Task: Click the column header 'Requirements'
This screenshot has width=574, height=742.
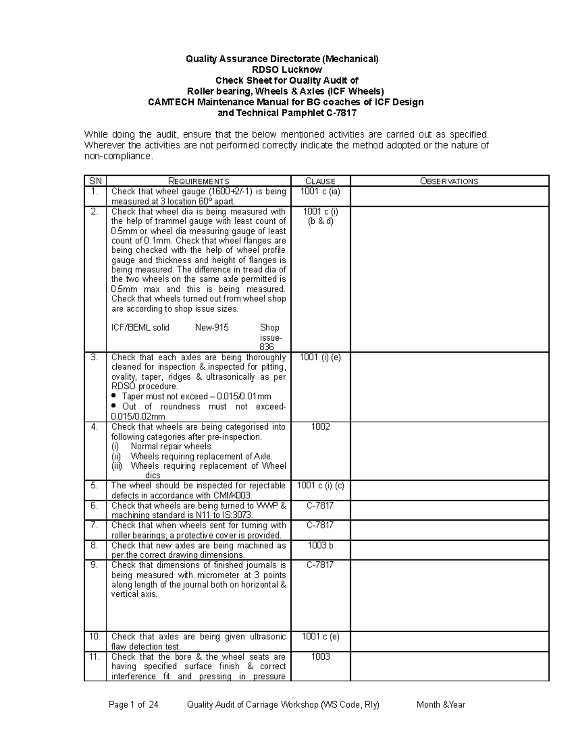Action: point(199,181)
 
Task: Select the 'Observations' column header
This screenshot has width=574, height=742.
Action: point(449,181)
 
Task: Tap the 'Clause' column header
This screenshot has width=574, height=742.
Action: point(320,181)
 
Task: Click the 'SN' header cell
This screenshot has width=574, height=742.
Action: point(95,181)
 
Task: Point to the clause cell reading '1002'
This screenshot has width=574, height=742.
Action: point(320,427)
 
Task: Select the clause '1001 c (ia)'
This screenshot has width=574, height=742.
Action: point(320,192)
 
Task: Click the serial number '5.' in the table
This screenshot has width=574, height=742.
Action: point(94,485)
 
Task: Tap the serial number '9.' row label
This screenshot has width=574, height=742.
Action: point(94,565)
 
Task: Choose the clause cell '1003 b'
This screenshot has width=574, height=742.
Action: point(320,546)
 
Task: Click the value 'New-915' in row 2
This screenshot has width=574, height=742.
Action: point(211,328)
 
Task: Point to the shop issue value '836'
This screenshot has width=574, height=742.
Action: point(266,347)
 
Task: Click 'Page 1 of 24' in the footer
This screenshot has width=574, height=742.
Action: point(133,705)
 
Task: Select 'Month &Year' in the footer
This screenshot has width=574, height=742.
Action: point(441,705)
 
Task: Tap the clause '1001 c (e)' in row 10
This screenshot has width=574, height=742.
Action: point(320,637)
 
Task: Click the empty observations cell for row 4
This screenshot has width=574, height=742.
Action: point(449,451)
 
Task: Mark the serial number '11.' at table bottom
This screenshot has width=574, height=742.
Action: point(94,657)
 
